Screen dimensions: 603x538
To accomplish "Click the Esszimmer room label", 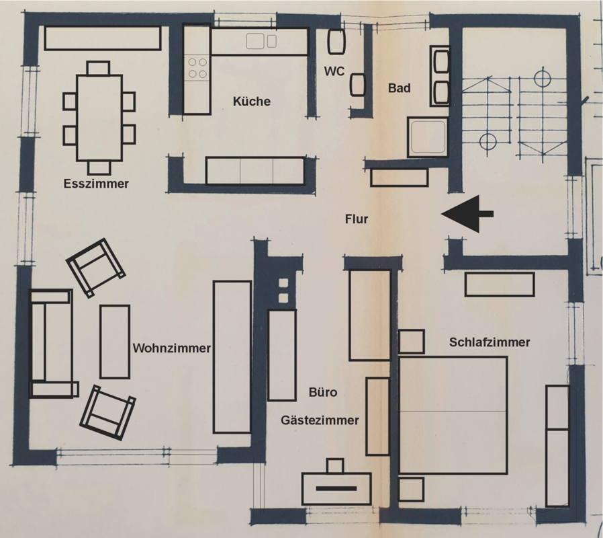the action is (96, 184).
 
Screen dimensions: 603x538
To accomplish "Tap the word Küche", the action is (252, 102).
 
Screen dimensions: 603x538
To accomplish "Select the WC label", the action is (334, 71).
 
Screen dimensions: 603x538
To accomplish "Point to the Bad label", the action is (399, 88).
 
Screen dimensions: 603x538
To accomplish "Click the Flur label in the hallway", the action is (357, 219).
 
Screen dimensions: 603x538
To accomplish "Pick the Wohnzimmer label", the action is (171, 348).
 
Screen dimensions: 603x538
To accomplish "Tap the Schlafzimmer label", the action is (490, 342).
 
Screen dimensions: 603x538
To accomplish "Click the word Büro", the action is (323, 392).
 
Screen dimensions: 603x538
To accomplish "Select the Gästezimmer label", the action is (320, 420).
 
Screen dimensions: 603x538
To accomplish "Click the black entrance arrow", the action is (467, 214).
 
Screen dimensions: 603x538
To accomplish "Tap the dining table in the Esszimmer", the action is (99, 118).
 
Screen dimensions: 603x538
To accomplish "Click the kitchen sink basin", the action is (255, 41).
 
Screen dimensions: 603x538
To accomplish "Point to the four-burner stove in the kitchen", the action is (197, 68).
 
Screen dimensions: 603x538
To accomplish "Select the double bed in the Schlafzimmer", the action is (453, 415).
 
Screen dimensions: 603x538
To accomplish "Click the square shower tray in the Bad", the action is (428, 137).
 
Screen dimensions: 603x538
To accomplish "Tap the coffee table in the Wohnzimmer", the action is (115, 342).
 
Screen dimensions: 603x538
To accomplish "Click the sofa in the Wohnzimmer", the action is (51, 343).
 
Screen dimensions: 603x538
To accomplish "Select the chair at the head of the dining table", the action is (99, 68).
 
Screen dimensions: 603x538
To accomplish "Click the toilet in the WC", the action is (336, 42).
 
